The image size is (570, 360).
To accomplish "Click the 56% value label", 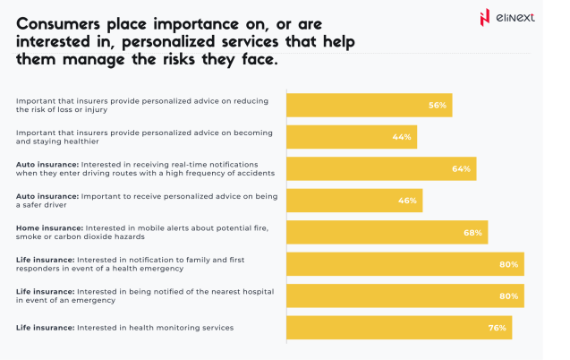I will (x=437, y=106).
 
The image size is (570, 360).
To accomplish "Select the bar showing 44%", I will (x=351, y=137).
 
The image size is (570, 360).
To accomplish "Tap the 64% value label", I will (x=461, y=169).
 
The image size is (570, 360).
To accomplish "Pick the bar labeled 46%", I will (x=353, y=201).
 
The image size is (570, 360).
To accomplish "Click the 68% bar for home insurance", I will (x=386, y=233).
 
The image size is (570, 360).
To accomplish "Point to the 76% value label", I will (x=498, y=328).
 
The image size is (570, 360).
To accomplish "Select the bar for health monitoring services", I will (x=398, y=328).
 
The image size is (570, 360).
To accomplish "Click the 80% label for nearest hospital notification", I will (x=509, y=296).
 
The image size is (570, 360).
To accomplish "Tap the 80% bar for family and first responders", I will (x=404, y=264).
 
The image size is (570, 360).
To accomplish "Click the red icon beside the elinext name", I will (x=485, y=18).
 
